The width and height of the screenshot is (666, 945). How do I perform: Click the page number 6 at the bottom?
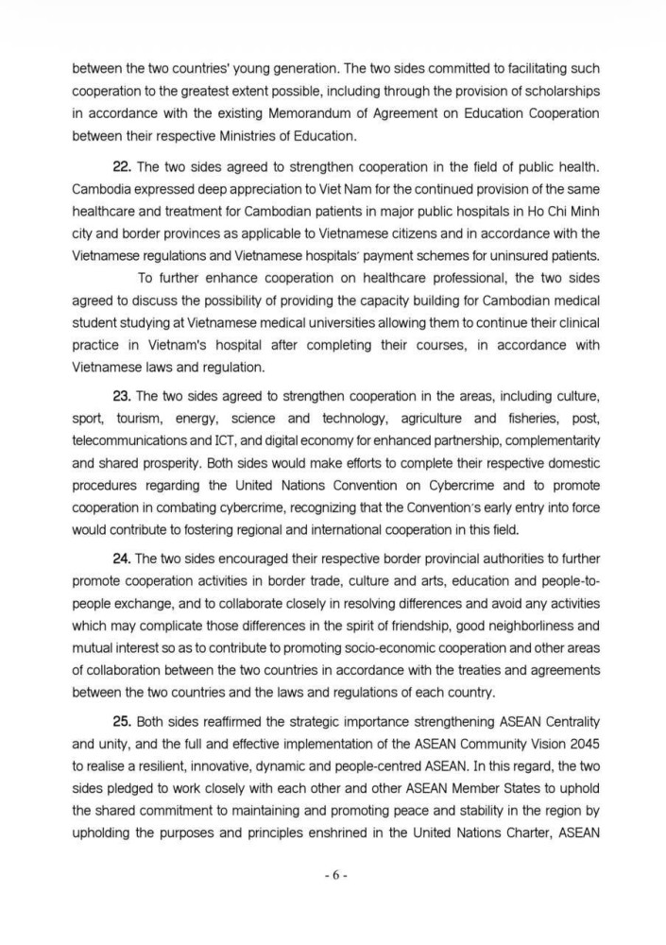click(x=333, y=875)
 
